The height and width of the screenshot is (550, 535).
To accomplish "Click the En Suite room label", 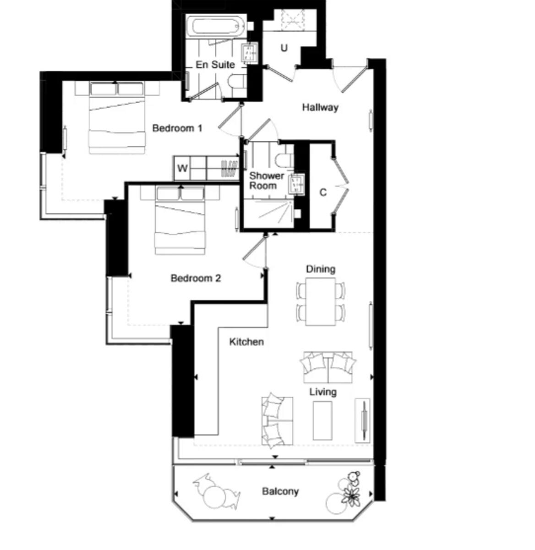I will [215, 65].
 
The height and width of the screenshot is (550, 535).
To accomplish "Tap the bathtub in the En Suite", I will [217, 26].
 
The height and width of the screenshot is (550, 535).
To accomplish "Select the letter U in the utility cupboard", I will [284, 48].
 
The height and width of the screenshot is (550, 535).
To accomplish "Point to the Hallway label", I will [320, 107].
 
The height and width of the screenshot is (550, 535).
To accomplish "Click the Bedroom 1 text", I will [177, 128].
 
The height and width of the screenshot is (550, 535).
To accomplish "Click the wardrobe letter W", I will [182, 169].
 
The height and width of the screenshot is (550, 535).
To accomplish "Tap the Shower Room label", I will [266, 181].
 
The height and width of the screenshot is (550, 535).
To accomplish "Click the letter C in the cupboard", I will [323, 192].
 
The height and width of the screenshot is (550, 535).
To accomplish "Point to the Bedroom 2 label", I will [196, 278].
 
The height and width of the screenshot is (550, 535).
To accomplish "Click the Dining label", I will [321, 269].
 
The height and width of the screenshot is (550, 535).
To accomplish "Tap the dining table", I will [321, 302].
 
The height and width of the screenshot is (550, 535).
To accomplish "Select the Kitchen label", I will [246, 342].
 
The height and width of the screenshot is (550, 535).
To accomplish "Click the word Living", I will [323, 392].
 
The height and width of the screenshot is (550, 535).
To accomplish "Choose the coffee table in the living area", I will [322, 420].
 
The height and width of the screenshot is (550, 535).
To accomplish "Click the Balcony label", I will [280, 491].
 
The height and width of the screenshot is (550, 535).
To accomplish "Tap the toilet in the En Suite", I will [236, 83].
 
